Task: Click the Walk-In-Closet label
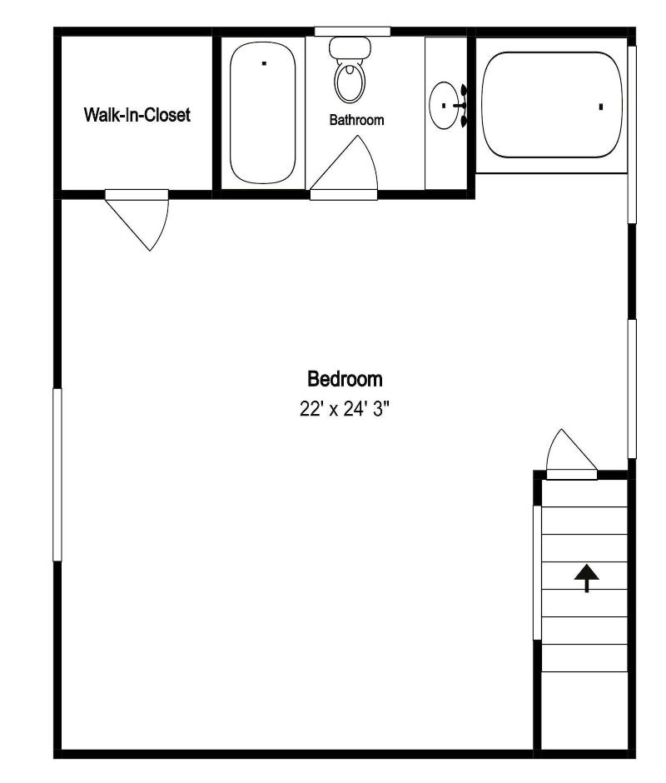click(137, 115)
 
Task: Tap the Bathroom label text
click(356, 120)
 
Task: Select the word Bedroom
click(345, 379)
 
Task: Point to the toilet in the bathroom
click(350, 70)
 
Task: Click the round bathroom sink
click(444, 105)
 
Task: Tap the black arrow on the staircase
click(587, 578)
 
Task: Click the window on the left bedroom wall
click(57, 475)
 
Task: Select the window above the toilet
click(352, 32)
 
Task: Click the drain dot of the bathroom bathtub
click(264, 63)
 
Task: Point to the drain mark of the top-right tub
click(601, 107)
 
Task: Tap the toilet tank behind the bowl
click(350, 47)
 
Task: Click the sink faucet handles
click(464, 105)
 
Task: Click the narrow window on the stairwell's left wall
click(537, 572)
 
